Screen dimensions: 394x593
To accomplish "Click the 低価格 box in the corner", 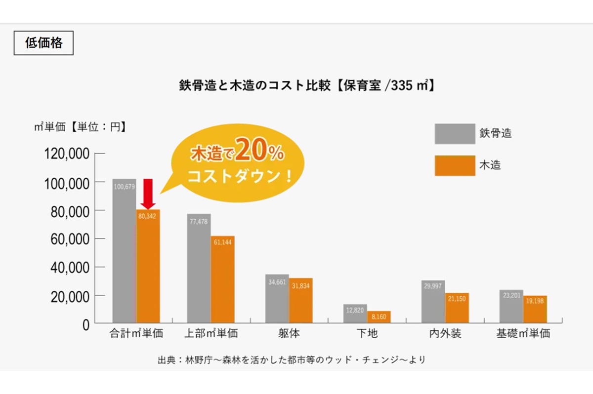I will (43, 43).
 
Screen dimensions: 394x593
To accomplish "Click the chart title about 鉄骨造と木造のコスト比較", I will (306, 85).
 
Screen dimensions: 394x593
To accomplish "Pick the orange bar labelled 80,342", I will (148, 267).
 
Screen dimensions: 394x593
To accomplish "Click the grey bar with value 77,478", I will (199, 269).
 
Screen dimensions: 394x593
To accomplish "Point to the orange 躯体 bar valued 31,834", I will (300, 301).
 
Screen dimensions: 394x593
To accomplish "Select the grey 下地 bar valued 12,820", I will (355, 314).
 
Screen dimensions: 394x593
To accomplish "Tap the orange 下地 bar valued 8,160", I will (379, 317).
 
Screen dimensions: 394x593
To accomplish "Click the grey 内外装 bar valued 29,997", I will (433, 302).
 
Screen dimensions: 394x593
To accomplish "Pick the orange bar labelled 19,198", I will (535, 309).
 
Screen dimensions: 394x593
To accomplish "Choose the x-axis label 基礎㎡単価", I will (523, 334).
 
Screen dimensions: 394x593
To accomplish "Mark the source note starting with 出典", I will (291, 359).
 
